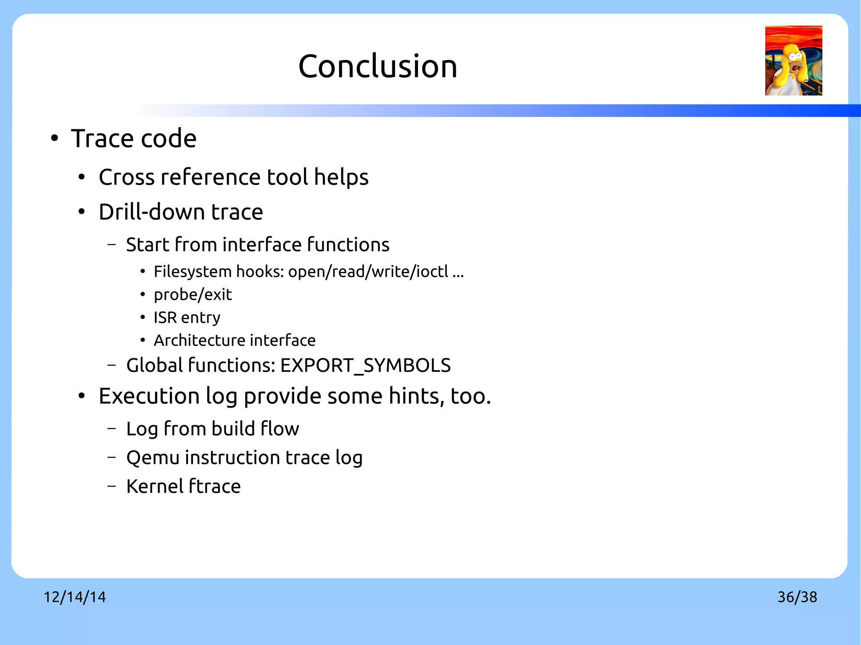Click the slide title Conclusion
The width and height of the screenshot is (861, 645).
coord(378,66)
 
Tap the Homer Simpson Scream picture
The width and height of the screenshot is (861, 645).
coord(793,61)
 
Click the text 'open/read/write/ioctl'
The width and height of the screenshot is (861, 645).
coord(368,272)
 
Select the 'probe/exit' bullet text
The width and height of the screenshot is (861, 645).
coord(193,295)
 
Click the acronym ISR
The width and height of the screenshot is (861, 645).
coord(165,318)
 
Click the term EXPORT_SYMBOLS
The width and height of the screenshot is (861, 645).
coord(365,365)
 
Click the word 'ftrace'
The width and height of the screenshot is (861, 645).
coord(214,487)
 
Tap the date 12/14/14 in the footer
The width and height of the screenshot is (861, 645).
coord(75,597)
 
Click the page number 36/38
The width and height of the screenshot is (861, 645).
coord(797,597)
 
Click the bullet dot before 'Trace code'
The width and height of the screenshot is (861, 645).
coord(54,139)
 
